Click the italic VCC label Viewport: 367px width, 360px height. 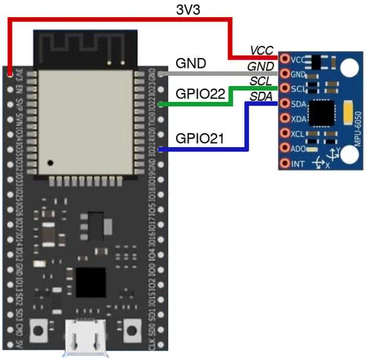[261, 50]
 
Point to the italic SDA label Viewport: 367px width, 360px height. [261, 96]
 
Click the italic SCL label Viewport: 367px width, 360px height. [261, 81]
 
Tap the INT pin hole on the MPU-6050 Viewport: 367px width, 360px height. [285, 163]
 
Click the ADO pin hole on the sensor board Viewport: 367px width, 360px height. [285, 149]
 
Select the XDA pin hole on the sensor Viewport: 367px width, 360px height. [285, 119]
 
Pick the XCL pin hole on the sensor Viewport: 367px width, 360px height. [285, 133]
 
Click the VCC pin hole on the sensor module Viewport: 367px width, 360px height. [285, 59]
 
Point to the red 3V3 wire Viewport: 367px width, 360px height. [122, 19]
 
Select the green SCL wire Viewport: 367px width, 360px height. [196, 104]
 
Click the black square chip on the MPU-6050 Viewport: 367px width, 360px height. [322, 114]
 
